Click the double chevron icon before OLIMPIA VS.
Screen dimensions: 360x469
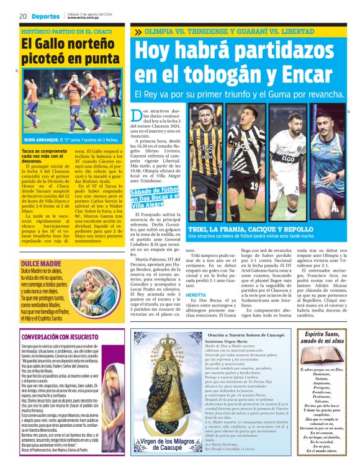coord(138,32)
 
